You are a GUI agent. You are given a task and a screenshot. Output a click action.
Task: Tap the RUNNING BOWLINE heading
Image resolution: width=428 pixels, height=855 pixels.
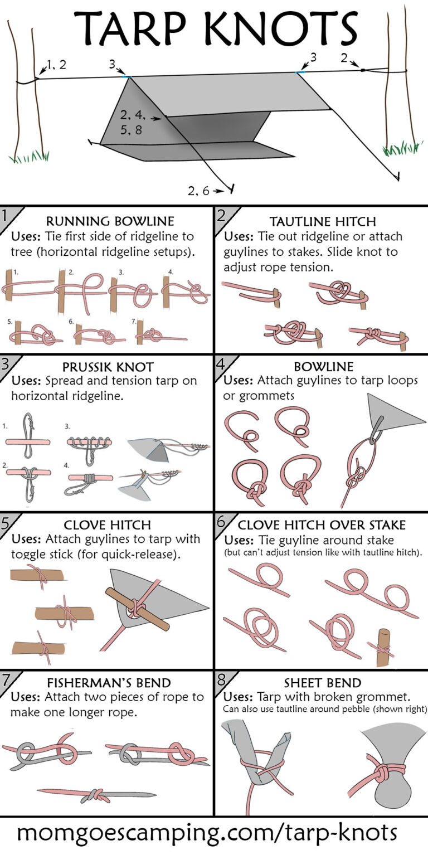point(110,221)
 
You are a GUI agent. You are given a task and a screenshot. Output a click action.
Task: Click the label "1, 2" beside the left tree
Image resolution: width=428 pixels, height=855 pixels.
point(56,65)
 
